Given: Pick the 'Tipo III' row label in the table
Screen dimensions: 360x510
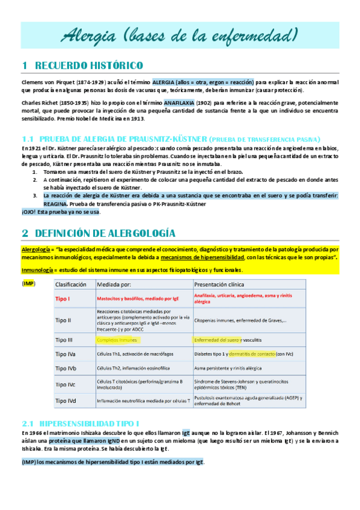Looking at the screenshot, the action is tap(65, 340).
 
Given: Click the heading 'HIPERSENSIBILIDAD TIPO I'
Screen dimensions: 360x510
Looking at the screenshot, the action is tap(90, 423).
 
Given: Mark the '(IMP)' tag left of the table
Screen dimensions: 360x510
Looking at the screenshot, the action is tap(28, 283).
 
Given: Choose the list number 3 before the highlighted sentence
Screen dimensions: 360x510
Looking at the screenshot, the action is tap(34, 195).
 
